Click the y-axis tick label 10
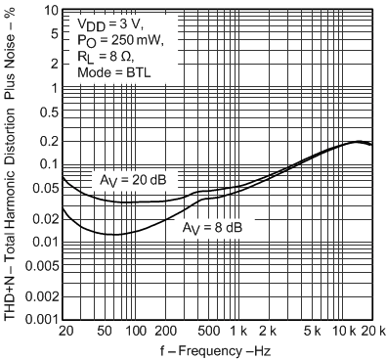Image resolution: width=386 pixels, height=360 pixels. [47, 10]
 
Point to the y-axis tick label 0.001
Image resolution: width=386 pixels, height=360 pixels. [39, 319]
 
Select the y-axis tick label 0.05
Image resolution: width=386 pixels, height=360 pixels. [43, 188]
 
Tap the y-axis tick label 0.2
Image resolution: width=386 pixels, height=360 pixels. [46, 141]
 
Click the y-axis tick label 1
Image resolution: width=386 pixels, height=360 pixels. [51, 87]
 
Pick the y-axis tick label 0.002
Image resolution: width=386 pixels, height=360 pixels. [39, 295]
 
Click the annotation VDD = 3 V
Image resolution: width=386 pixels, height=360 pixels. [108, 22]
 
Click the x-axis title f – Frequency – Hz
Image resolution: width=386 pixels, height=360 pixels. [217, 351]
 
